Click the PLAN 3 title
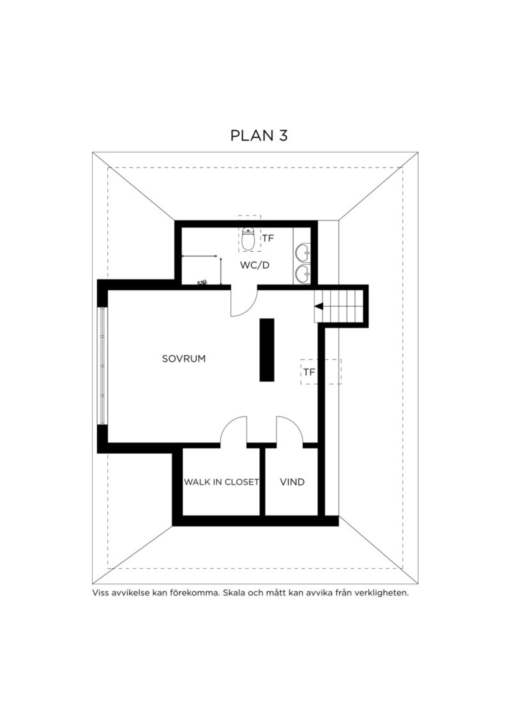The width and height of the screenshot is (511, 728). pos(259,136)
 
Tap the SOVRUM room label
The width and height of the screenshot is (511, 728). pos(184,359)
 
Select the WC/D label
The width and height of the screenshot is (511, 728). pos(255,265)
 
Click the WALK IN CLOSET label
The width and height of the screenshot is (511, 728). pos(221,482)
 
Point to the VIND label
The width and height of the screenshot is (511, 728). pos(293,482)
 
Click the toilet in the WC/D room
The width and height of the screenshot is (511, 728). pos(249,239)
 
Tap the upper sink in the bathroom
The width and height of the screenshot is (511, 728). pos(304,252)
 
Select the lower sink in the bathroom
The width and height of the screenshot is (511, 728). pos(304,273)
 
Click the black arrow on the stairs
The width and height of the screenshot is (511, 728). pos(319,306)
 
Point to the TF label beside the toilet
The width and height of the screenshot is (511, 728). pos(268,238)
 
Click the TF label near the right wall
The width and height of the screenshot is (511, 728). pos(309,372)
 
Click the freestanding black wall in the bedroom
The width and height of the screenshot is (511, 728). pos(267,350)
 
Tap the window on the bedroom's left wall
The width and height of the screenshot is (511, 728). pos(103,365)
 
